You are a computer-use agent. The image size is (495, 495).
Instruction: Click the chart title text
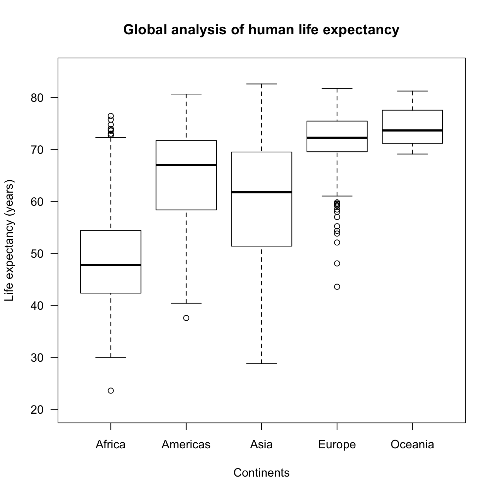tap(261, 30)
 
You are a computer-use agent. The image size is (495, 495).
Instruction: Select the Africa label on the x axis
tap(111, 444)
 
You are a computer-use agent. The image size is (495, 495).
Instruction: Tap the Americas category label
tap(186, 444)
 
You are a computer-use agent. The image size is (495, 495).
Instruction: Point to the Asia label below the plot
tap(261, 444)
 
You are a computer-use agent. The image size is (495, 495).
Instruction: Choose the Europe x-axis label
tap(337, 444)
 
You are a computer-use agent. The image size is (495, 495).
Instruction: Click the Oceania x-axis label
tap(412, 444)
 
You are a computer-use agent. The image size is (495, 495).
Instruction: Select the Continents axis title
tap(261, 473)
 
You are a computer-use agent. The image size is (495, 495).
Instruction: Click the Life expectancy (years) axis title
tap(10, 240)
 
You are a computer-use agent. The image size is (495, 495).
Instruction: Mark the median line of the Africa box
tap(111, 265)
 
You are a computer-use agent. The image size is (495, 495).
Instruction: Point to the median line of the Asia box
tap(262, 192)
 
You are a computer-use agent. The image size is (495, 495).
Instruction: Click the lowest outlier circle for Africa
tap(111, 391)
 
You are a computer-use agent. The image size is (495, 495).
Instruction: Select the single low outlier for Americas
tap(186, 318)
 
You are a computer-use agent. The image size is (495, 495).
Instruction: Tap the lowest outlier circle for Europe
tap(337, 287)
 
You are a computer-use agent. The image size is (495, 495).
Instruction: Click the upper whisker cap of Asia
tap(262, 84)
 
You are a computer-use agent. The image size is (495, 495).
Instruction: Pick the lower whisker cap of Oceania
tap(412, 154)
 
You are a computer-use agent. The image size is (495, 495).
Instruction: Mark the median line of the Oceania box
tap(412, 130)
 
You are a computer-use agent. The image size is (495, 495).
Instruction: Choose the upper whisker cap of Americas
tap(186, 94)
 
